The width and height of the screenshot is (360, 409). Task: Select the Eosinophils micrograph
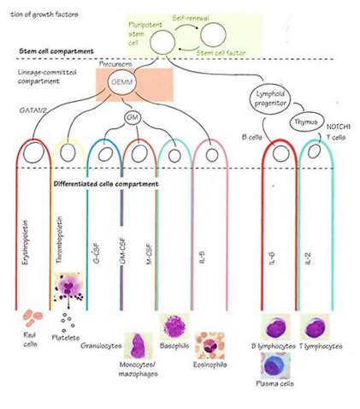(x=210, y=347)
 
